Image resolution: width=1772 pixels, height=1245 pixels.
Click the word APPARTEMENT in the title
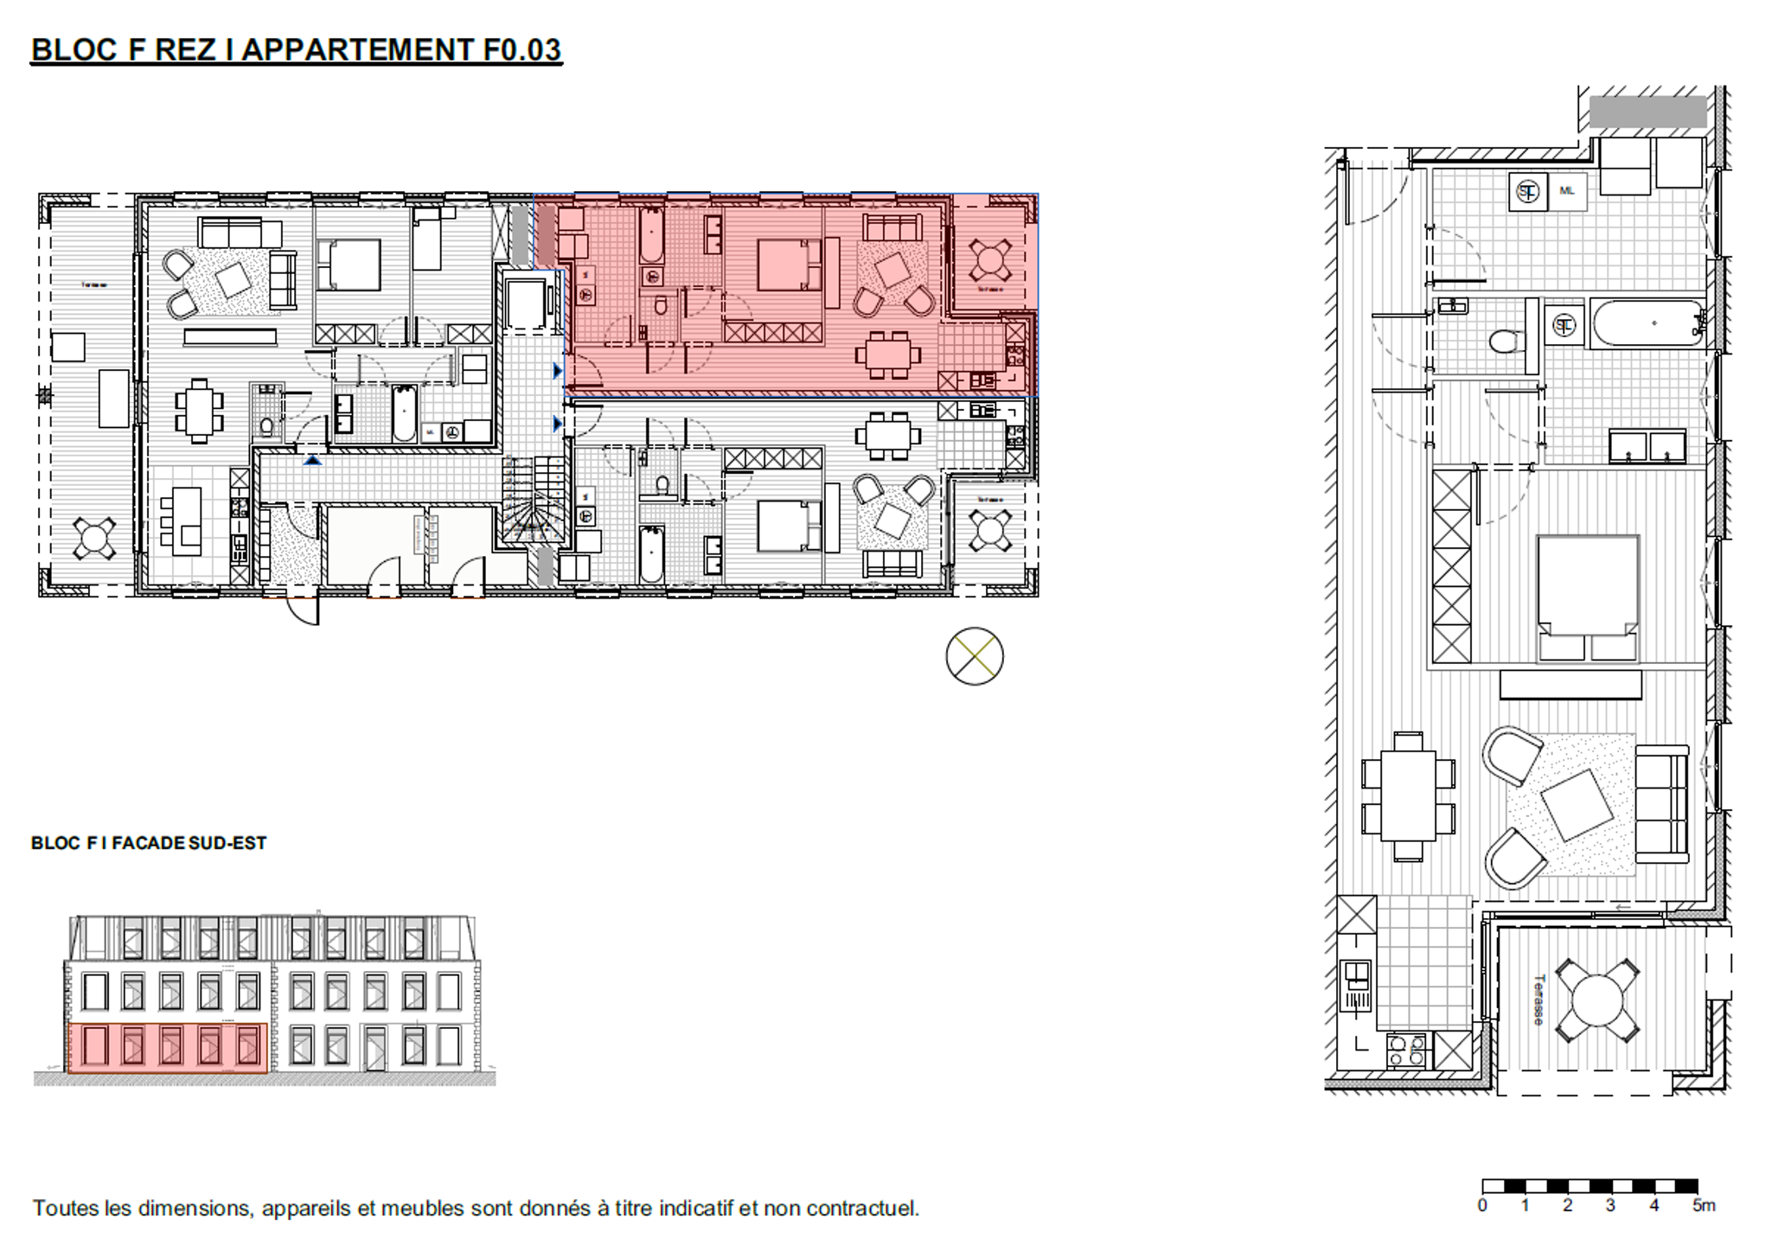(357, 49)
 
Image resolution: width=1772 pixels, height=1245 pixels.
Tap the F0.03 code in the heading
(521, 49)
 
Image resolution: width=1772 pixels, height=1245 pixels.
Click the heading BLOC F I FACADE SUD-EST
(149, 843)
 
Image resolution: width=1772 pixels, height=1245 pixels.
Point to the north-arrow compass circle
(974, 656)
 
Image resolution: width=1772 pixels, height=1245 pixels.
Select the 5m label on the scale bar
(1703, 1206)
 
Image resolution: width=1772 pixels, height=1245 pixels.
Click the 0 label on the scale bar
(1482, 1206)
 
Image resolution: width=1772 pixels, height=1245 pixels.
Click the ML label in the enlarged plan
(1566, 190)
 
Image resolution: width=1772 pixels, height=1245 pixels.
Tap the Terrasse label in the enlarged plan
(1538, 1000)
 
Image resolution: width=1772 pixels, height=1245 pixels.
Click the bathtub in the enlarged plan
(1647, 323)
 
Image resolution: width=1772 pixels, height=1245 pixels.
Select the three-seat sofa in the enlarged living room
(1661, 804)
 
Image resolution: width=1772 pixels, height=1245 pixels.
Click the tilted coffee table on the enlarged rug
(1577, 805)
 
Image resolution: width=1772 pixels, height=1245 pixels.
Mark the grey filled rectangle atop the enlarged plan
(1647, 112)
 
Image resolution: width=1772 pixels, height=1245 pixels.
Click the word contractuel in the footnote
(861, 1208)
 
